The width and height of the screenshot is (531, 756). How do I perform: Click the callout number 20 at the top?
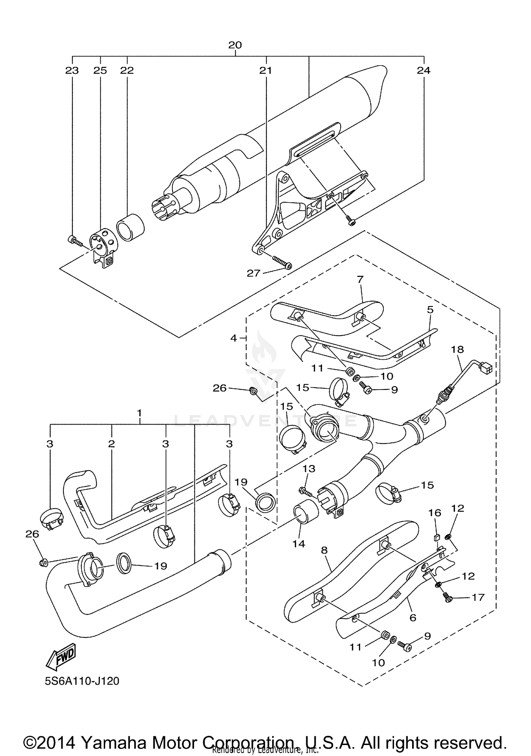pos(235,45)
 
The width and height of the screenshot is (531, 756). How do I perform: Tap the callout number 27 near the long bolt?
pos(253,273)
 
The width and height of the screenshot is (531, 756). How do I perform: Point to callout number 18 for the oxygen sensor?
pos(457,349)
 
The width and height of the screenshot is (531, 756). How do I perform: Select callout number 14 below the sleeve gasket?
pos(298,544)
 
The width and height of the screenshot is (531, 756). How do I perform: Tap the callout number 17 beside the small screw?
pos(478,597)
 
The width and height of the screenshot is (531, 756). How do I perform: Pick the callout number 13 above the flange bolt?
pos(309,468)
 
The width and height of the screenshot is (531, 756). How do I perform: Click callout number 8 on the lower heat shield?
pos(324,550)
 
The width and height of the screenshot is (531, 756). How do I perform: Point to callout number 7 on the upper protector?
pos(360,280)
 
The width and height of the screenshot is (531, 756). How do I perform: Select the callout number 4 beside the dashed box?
pos(234,338)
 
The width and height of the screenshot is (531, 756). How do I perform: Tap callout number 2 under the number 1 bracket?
pos(112,444)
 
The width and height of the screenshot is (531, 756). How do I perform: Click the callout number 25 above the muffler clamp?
pos(100,70)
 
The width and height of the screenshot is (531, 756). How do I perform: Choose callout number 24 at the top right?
pos(423,70)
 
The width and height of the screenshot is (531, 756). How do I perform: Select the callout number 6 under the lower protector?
pos(412,618)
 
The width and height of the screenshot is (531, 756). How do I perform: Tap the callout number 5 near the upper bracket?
pos(430,310)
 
